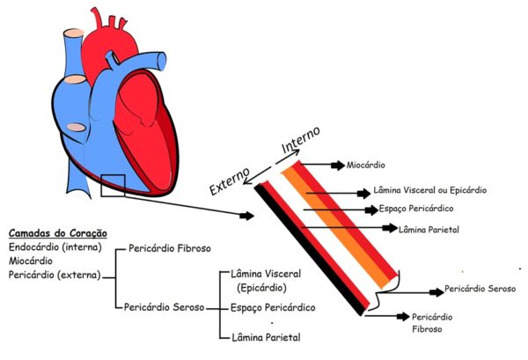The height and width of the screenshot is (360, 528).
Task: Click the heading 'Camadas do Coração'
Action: click(x=57, y=233)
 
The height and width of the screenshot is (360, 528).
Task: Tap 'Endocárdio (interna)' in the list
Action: click(x=55, y=247)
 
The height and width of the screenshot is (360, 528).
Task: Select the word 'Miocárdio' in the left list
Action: click(x=32, y=261)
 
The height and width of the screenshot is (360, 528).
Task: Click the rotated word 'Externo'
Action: click(x=230, y=179)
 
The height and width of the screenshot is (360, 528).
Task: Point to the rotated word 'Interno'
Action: click(x=299, y=140)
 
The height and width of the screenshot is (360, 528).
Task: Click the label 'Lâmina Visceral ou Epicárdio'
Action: click(x=430, y=189)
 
